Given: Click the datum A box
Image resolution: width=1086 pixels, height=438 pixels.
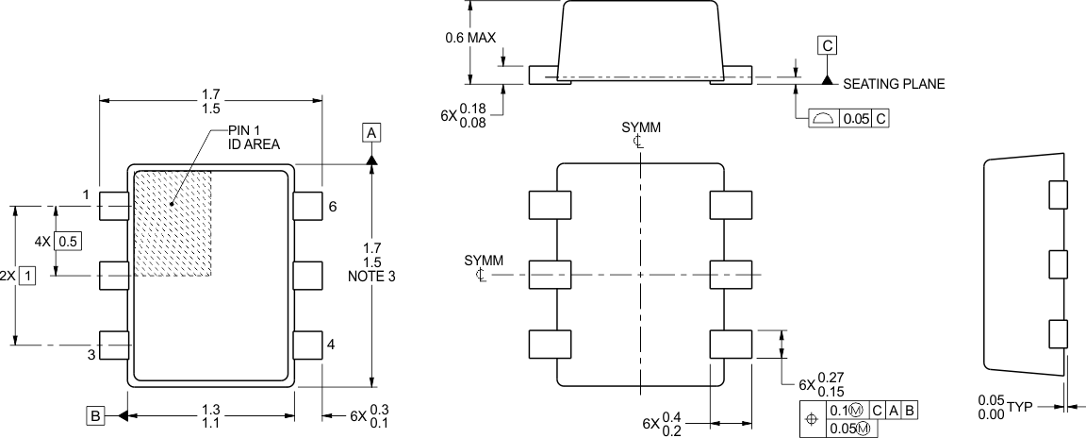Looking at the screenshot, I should point(372,133).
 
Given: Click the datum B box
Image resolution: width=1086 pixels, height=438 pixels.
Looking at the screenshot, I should point(94,415).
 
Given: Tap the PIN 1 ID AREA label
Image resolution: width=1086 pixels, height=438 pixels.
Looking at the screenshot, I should point(254,137).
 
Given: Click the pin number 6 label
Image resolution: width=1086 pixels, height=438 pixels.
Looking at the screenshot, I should point(332,206).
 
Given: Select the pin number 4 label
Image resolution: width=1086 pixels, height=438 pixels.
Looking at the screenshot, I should point(331,345).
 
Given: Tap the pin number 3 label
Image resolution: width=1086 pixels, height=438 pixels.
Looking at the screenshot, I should point(92,355).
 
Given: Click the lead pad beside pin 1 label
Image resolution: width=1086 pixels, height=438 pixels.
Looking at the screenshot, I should point(114,205).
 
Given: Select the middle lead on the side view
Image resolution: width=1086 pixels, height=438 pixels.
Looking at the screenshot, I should point(1058,265).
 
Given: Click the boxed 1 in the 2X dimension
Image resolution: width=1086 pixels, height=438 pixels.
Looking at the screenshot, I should point(28,276).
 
